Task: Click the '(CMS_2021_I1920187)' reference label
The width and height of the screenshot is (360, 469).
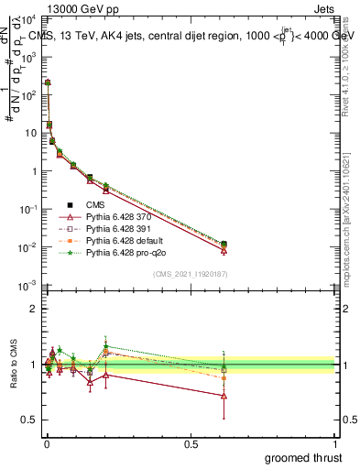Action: coord(191,274)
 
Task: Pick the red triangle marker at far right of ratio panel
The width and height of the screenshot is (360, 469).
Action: coord(224,396)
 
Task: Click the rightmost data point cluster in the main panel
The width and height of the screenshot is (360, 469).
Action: coord(224,246)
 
